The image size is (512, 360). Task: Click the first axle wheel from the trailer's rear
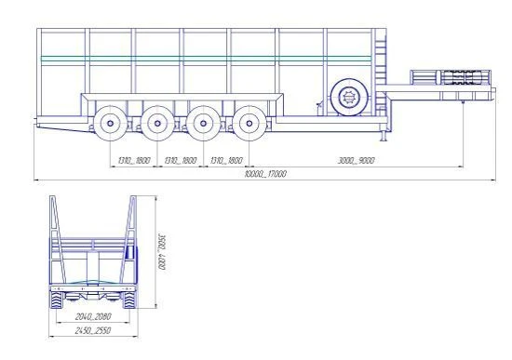tap(110, 122)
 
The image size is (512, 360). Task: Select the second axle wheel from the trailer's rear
tap(155, 122)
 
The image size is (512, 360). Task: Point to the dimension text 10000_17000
tap(264, 174)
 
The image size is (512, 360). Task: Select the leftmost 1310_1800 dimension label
tap(133, 160)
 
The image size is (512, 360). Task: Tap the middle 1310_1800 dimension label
tap(179, 160)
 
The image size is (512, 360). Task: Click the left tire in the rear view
tap(58, 300)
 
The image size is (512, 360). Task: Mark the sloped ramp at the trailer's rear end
tap(61, 125)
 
